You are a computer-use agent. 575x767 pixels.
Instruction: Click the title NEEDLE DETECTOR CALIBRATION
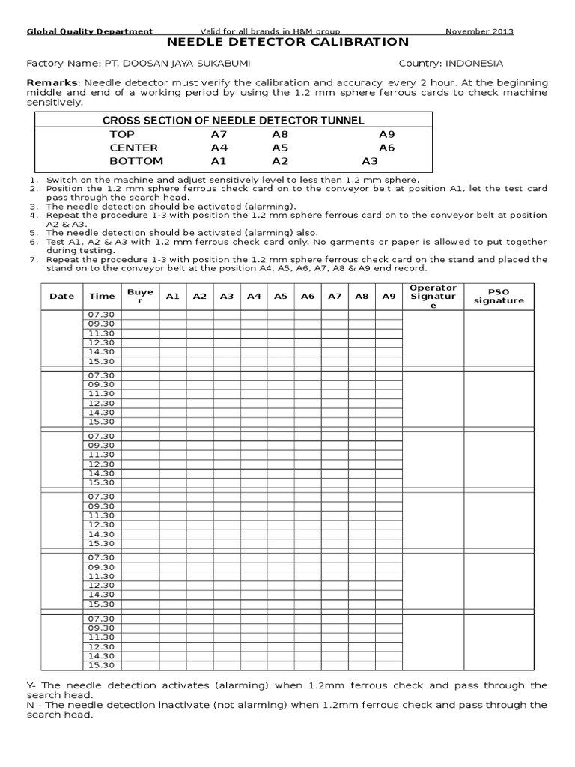coord(287,43)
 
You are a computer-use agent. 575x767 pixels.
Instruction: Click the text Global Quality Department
coord(90,31)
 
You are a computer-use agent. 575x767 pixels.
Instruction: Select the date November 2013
coord(479,31)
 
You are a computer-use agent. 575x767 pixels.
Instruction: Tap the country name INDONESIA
coord(475,64)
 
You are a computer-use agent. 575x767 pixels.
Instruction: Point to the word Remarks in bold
coord(52,82)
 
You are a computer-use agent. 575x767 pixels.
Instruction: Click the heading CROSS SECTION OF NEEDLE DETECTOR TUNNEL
coord(233,120)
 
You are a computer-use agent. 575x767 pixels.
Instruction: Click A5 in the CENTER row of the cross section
coord(280,148)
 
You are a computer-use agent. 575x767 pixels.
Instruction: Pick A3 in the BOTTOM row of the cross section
coord(370,161)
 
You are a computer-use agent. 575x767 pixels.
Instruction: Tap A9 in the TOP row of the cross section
coord(386,134)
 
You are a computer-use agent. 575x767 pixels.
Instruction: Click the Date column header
coord(61,296)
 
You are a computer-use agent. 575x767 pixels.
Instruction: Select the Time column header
coord(102,296)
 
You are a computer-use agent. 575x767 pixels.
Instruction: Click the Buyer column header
coord(140,296)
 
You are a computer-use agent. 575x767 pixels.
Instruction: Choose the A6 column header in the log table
coord(308,296)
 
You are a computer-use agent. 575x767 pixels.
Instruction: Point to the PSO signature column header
coord(499,296)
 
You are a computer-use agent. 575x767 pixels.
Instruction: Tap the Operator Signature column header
coord(433,297)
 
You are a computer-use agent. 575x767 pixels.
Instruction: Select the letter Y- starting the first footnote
coord(31,685)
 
